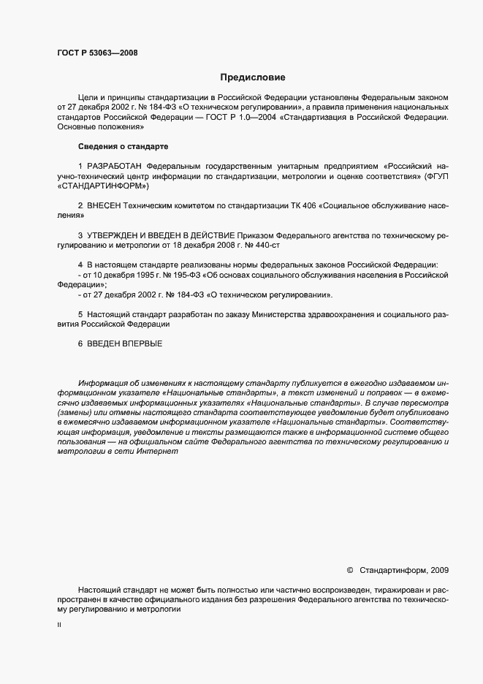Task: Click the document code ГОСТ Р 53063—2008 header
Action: coord(97,53)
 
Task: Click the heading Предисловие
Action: coord(252,77)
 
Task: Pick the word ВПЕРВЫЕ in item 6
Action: coord(142,343)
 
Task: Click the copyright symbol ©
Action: coord(349,569)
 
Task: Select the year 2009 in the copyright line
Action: coord(440,569)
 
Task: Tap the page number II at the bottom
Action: coord(58,625)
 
